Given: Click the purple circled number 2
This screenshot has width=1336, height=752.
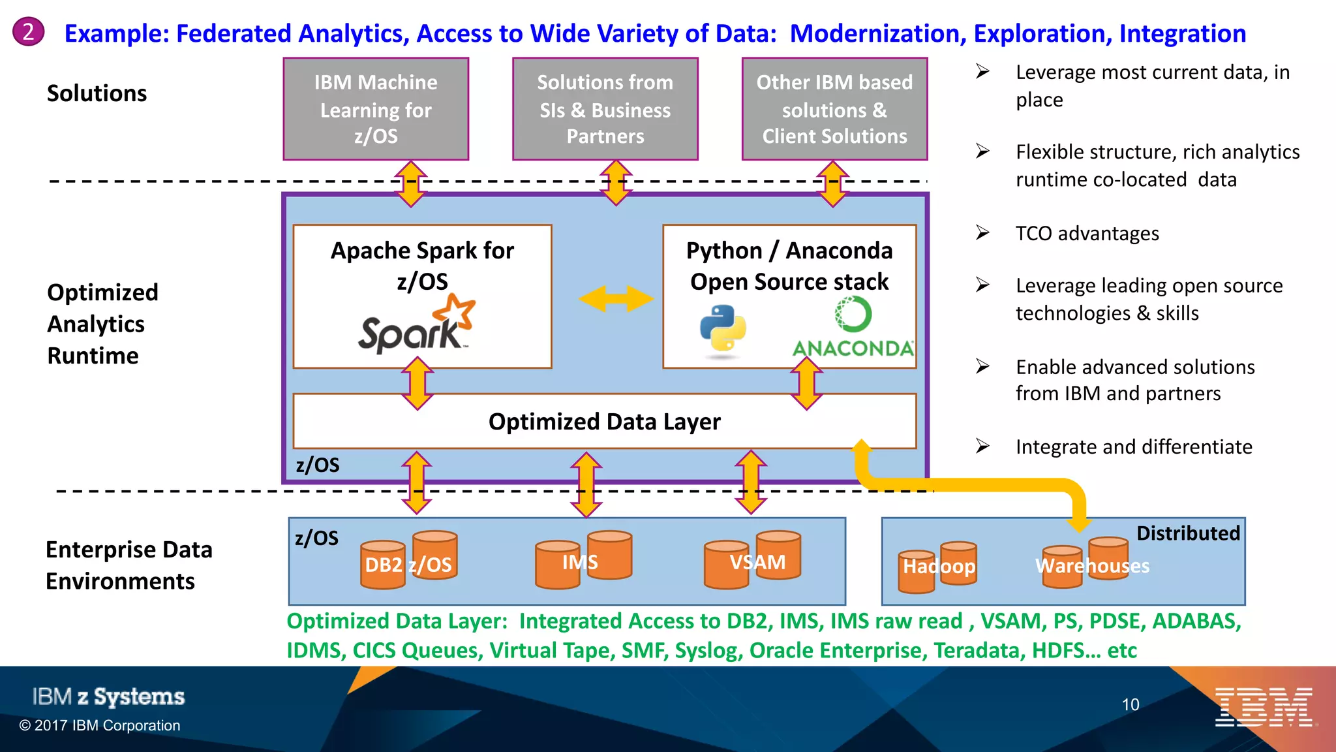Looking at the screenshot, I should coord(28,32).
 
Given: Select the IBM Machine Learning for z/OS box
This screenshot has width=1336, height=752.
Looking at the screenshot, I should coord(376,109).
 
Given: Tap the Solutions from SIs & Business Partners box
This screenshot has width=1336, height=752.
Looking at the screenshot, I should coord(605,109).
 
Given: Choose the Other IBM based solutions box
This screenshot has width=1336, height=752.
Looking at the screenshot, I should coord(834,109).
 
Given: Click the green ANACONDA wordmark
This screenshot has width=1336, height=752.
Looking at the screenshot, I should coord(853,348).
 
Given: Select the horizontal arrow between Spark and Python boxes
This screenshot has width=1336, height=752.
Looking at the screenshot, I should coord(616,298).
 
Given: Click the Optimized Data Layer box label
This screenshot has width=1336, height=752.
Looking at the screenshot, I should coord(604,422).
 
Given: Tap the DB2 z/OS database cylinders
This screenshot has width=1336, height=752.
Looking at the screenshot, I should coord(408,560).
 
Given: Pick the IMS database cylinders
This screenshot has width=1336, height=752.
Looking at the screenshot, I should coord(583,560).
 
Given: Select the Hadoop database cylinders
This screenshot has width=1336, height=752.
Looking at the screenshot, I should coord(938,565).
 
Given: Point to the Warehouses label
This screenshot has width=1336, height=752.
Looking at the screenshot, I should coord(1092,565).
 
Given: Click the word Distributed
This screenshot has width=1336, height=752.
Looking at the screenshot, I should coord(1188,533).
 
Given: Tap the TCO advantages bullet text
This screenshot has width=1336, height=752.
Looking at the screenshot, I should coord(1087,234).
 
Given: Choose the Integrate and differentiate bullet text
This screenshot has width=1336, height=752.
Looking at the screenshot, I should coord(1134,447).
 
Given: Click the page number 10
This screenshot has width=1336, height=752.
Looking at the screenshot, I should coord(1131,704).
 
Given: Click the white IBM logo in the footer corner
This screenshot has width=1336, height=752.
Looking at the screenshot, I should coord(1264,707).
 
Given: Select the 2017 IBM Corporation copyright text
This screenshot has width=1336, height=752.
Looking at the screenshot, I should coord(100,725).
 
